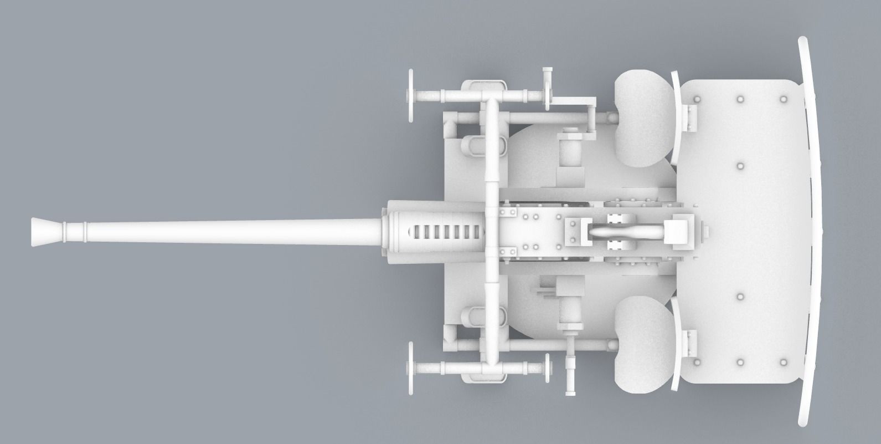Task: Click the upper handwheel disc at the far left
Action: click(410, 95)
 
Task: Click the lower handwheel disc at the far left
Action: click(410, 368)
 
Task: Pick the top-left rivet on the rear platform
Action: click(697, 99)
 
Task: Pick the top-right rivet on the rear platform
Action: click(783, 99)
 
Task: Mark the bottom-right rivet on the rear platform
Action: click(783, 363)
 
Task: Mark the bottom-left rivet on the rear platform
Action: click(697, 363)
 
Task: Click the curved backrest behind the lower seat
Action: click(677, 344)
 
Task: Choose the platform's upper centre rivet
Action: click(740, 166)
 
